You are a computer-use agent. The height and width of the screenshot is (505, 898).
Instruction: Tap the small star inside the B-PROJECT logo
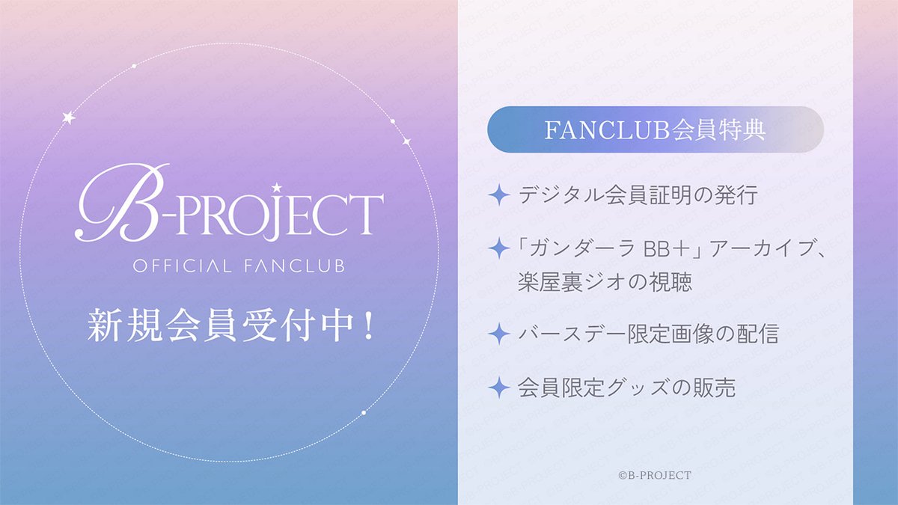pyautogui.click(x=276, y=186)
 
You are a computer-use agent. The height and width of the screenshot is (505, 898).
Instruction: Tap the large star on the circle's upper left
pyautogui.click(x=68, y=117)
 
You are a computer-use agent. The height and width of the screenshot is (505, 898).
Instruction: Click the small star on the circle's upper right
pyautogui.click(x=406, y=141)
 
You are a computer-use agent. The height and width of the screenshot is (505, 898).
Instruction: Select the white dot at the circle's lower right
pyautogui.click(x=364, y=412)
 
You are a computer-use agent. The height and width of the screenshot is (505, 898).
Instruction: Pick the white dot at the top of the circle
pyautogui.click(x=133, y=67)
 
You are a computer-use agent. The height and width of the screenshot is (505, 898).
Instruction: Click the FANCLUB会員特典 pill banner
pyautogui.click(x=655, y=129)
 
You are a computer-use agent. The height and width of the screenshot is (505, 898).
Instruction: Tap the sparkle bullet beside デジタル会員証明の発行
pyautogui.click(x=498, y=196)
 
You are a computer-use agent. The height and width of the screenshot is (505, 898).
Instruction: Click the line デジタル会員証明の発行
pyautogui.click(x=638, y=196)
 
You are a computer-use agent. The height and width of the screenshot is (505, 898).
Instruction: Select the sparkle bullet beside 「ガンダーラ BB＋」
pyautogui.click(x=498, y=247)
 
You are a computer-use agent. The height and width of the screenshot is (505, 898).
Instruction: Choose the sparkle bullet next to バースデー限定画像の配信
pyautogui.click(x=498, y=334)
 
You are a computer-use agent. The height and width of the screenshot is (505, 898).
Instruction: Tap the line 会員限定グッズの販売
pyautogui.click(x=626, y=387)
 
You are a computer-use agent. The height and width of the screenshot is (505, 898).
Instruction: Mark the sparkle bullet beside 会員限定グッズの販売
pyautogui.click(x=498, y=387)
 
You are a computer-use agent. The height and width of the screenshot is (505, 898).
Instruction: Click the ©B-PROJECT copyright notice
pyautogui.click(x=654, y=475)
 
